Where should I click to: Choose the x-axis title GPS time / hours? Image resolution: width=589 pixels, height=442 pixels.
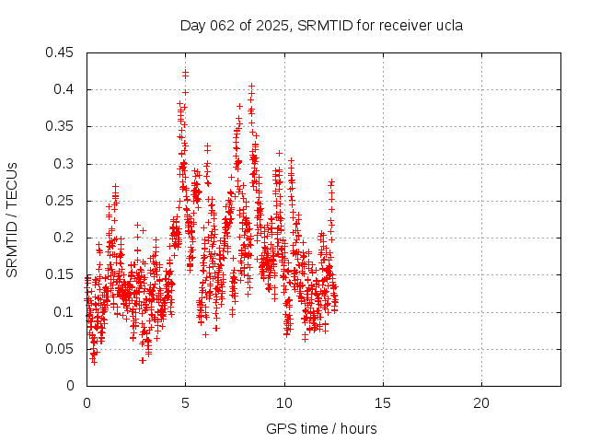click(321, 428)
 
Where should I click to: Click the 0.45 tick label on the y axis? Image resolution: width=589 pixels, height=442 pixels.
click(62, 52)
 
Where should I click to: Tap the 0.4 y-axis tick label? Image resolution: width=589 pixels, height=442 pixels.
click(65, 89)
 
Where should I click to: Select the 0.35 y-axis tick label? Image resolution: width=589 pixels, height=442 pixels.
click(62, 126)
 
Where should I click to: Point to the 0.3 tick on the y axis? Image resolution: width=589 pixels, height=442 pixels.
click(65, 164)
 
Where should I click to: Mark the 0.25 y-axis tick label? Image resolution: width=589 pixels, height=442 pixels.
click(62, 201)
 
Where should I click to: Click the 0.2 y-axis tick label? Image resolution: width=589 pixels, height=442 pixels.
click(65, 238)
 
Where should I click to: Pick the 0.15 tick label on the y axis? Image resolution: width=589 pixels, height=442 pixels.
click(62, 274)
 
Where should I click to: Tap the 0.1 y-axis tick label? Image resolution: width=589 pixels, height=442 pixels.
click(65, 311)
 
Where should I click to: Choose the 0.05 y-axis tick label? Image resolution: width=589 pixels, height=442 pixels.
click(62, 348)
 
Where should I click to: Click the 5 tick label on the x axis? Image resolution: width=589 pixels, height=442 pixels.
click(185, 403)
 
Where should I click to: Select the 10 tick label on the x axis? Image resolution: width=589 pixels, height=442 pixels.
click(284, 403)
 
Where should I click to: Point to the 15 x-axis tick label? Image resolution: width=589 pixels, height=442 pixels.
click(383, 403)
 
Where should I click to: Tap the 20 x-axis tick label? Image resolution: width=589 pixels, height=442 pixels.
click(481, 403)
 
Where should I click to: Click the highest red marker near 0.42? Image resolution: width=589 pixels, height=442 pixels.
click(186, 71)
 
